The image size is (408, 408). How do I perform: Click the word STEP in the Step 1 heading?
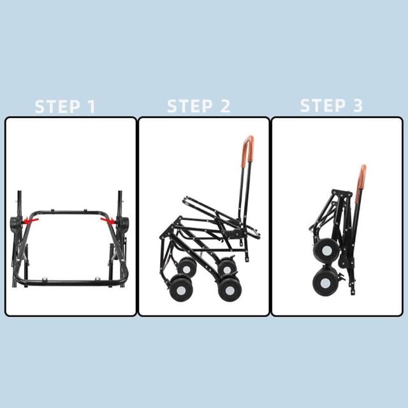click(x=57, y=106)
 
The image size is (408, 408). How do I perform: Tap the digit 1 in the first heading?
click(x=92, y=106)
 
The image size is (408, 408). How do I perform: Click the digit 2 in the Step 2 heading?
click(x=225, y=106)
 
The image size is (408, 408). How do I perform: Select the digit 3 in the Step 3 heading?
click(x=358, y=105)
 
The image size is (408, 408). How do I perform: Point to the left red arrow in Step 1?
click(x=31, y=221)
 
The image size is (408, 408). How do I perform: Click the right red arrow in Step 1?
click(x=108, y=221)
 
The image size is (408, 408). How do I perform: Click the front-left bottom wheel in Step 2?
click(x=180, y=288)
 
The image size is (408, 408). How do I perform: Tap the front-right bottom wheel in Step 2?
click(x=229, y=289)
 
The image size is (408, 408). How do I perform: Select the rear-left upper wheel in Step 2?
click(x=187, y=268)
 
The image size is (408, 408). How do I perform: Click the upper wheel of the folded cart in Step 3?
click(x=327, y=251)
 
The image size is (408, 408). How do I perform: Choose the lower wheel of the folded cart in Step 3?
click(x=325, y=282)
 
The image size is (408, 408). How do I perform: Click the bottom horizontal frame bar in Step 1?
click(x=71, y=282)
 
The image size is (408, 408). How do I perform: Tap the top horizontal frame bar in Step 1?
click(x=69, y=212)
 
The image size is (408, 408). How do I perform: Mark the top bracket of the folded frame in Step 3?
click(x=342, y=193)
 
